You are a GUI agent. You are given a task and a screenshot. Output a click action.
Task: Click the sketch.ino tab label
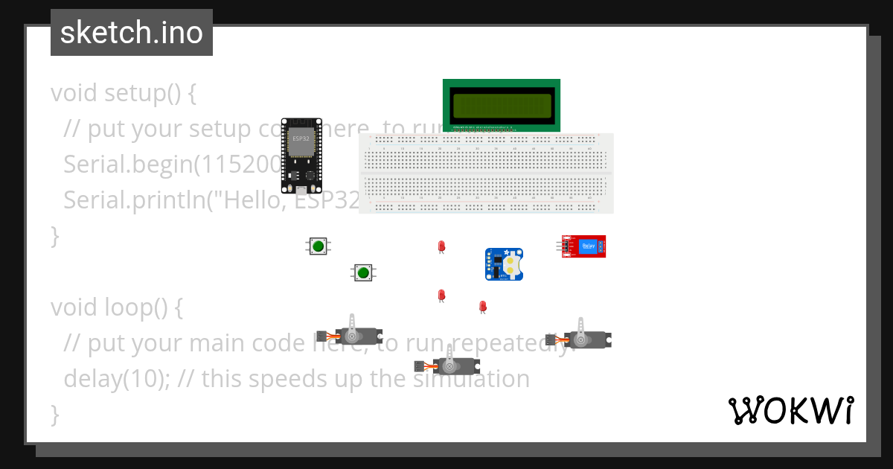pyautogui.click(x=131, y=33)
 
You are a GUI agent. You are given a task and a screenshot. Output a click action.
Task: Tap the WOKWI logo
pyautogui.click(x=790, y=410)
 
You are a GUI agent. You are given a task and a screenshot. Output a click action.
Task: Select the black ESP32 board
pyautogui.click(x=301, y=155)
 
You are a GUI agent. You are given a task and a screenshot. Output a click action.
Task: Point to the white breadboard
pyautogui.click(x=486, y=173)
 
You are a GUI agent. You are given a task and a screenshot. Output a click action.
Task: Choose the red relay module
pyautogui.click(x=584, y=246)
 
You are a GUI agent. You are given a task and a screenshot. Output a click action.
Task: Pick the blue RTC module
pyautogui.click(x=505, y=264)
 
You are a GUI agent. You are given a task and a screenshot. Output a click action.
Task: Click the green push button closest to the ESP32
pyautogui.click(x=319, y=246)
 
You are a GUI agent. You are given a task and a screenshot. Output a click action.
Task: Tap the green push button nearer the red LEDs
pyautogui.click(x=363, y=272)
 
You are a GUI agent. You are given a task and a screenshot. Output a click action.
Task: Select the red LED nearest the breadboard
pyautogui.click(x=441, y=246)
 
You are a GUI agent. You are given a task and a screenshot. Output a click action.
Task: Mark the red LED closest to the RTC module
pyautogui.click(x=482, y=305)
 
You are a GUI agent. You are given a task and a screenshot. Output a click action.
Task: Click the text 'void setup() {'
pyautogui.click(x=123, y=93)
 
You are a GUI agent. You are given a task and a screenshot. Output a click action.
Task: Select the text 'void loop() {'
pyautogui.click(x=116, y=307)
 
